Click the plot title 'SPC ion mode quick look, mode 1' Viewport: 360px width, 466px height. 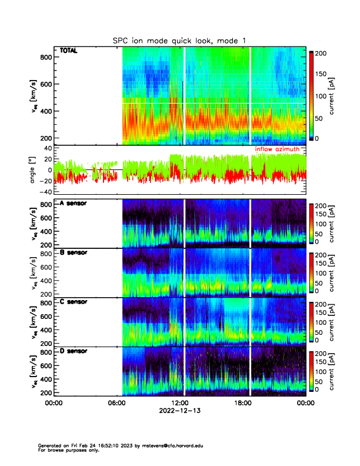[x=179, y=40]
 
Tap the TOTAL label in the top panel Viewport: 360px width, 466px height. [x=68, y=51]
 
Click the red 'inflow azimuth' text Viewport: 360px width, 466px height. [x=281, y=149]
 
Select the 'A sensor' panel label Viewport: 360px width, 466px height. [x=74, y=203]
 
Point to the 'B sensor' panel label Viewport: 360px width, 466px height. [x=74, y=252]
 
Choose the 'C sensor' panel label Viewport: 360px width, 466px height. [x=74, y=302]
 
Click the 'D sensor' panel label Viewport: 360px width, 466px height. [x=74, y=351]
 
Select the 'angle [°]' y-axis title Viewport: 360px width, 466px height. [x=34, y=171]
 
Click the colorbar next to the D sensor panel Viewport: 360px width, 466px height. [x=311, y=371]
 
